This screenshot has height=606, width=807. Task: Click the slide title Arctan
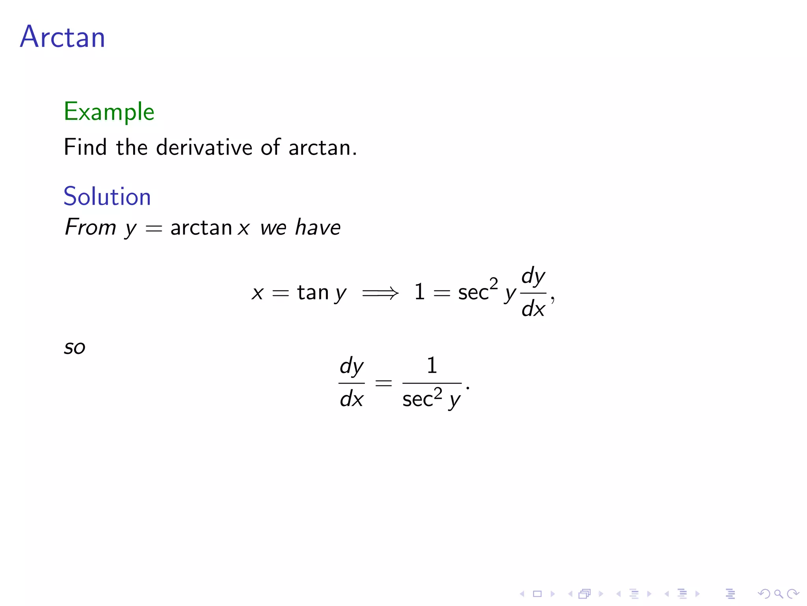click(63, 37)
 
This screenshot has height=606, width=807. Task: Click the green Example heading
click(109, 112)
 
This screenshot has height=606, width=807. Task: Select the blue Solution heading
click(107, 196)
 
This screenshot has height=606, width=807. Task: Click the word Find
click(85, 148)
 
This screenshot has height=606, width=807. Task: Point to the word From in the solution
click(90, 227)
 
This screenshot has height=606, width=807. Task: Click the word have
click(318, 228)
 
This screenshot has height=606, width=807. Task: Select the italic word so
click(74, 348)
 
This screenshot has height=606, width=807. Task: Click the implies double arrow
click(380, 293)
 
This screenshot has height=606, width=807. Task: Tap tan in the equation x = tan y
click(313, 293)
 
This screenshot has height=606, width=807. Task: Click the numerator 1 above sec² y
click(432, 365)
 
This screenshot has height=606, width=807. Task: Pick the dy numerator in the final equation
click(351, 367)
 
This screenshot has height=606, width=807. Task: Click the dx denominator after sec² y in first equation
click(533, 309)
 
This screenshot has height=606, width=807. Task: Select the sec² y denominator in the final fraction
click(431, 399)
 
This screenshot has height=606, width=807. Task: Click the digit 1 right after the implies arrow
click(419, 292)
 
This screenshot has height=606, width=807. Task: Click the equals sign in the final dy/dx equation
click(383, 383)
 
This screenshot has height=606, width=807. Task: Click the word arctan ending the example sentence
click(320, 148)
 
